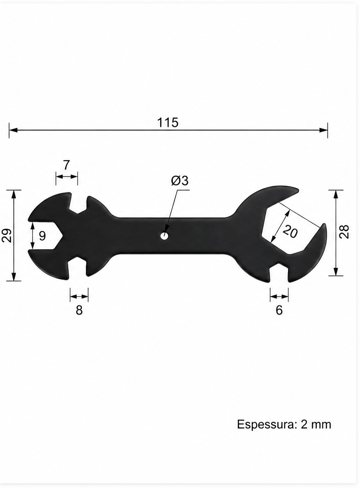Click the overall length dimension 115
tap(167, 122)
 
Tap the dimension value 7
tap(66, 165)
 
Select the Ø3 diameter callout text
tap(180, 181)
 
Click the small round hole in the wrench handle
tap(165, 236)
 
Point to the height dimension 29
tap(7, 235)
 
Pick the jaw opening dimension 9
tap(42, 236)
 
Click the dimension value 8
tap(79, 310)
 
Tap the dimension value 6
tap(279, 310)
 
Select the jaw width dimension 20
tap(290, 232)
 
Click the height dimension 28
tap(344, 232)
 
